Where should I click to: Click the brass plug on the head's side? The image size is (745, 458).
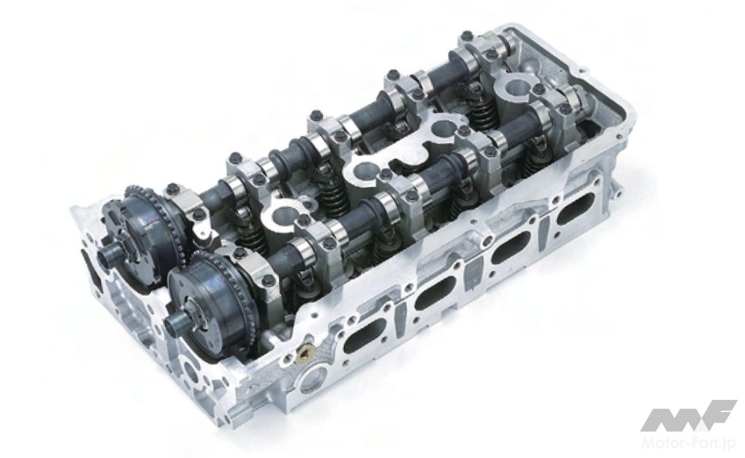[x=304, y=353]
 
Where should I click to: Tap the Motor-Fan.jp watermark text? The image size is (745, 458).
[x=688, y=444]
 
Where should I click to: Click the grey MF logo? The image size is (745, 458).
[x=689, y=416]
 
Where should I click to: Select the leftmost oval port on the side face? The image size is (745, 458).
[x=365, y=336]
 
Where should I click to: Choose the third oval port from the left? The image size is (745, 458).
[x=511, y=247]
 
